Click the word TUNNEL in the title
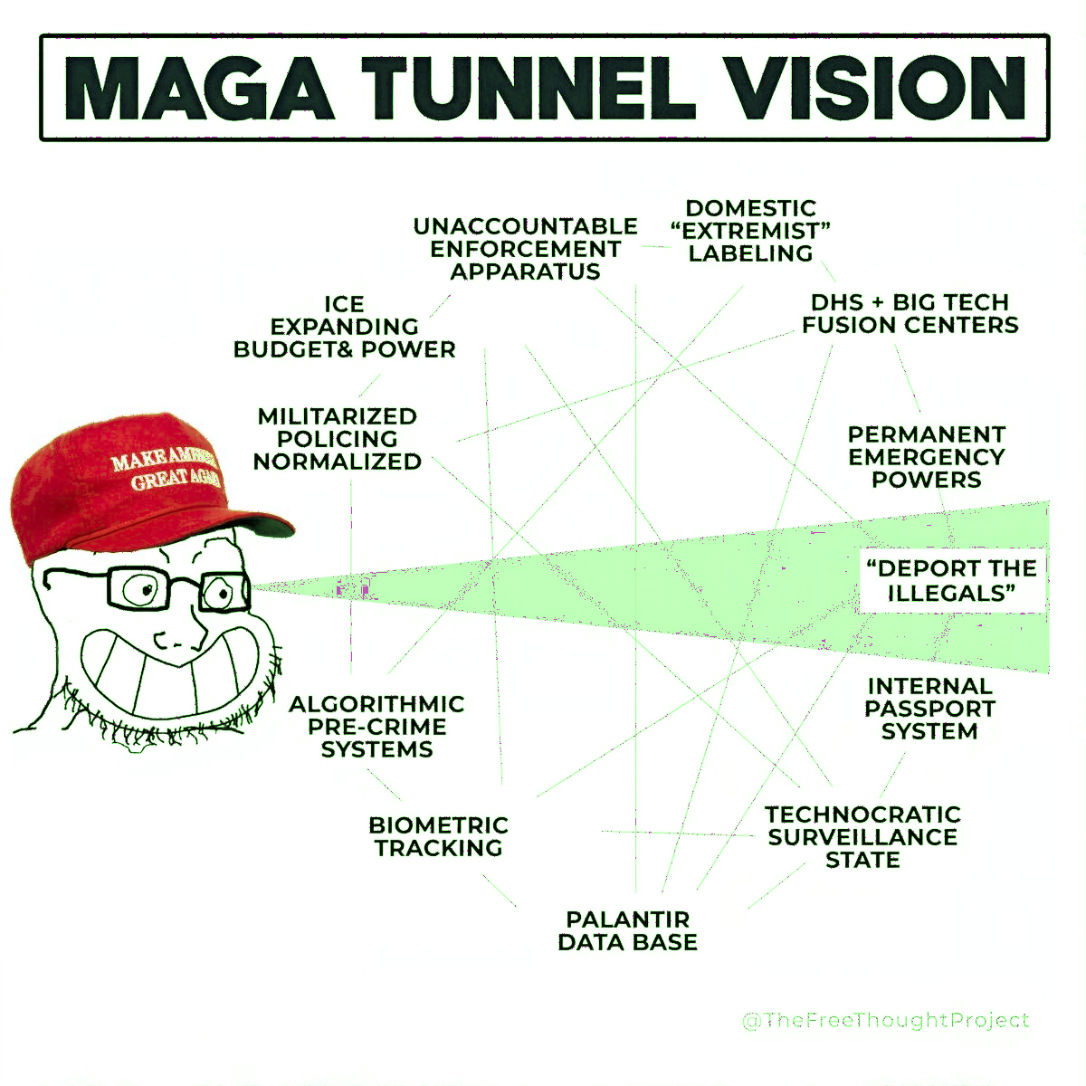click(x=528, y=88)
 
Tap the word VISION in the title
click(x=880, y=88)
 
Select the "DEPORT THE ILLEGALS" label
click(x=952, y=580)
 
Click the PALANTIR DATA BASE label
click(x=628, y=930)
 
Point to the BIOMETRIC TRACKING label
click(x=438, y=836)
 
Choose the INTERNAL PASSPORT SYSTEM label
click(x=930, y=709)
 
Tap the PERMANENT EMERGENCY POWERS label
click(x=927, y=456)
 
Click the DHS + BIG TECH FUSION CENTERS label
click(x=910, y=313)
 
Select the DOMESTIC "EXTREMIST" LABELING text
click(x=750, y=231)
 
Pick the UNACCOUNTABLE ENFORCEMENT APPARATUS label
click(x=525, y=249)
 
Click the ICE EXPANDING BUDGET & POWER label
click(x=344, y=327)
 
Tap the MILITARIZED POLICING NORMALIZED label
click(x=337, y=438)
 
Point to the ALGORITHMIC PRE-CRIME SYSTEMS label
click(x=376, y=727)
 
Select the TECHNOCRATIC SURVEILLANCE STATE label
click(x=862, y=837)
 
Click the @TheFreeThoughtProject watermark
click(x=886, y=1021)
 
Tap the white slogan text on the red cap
click(x=167, y=469)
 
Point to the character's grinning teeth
click(x=169, y=673)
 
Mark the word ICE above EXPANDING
click(x=344, y=304)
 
